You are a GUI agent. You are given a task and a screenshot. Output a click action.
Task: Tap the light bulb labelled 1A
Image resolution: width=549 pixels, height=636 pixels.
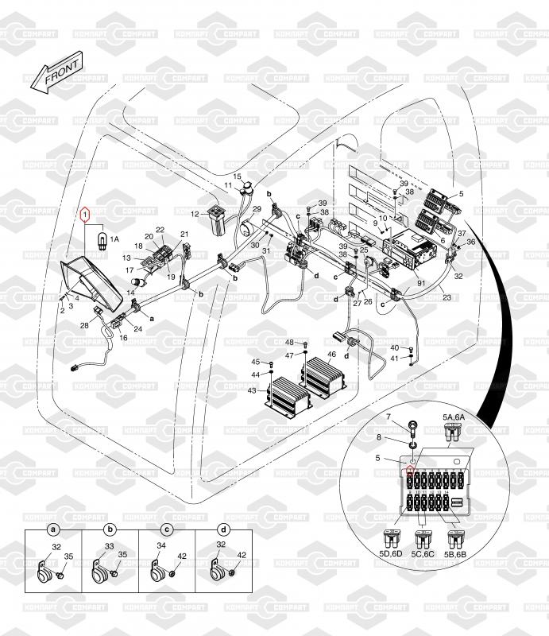coord(101,236)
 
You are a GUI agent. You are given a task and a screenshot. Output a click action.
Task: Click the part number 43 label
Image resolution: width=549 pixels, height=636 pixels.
coord(252,390)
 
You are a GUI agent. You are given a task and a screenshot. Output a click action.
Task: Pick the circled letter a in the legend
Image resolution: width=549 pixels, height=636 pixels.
coord(53,529)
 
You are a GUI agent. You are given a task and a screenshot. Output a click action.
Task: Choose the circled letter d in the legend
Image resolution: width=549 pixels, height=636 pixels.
coord(223,529)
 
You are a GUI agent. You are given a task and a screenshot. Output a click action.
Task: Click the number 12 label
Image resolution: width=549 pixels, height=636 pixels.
coord(195,214)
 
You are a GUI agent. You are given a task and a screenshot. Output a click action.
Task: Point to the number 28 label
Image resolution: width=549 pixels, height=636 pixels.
coord(84,325)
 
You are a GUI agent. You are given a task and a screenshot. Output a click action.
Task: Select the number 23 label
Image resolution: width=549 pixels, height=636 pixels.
coord(447,298)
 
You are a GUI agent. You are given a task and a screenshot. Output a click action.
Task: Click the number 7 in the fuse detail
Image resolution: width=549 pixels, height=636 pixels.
coord(389,417)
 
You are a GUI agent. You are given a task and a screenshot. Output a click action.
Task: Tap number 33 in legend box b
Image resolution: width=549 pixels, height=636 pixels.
coord(109,546)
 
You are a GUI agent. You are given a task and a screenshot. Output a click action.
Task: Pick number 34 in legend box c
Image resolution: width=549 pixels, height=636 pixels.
coord(162,546)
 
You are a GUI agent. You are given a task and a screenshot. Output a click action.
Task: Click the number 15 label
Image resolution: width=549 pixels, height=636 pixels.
coord(237,176)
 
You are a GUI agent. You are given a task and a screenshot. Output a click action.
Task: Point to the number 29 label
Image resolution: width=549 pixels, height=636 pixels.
coord(257,209)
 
